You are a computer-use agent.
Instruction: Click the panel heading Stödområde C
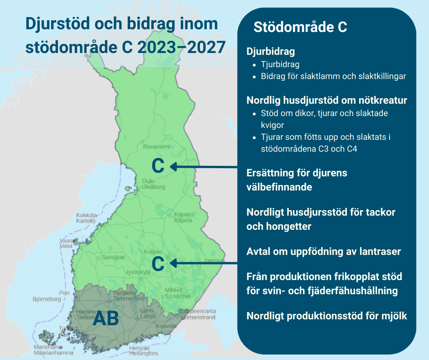(x=300, y=27)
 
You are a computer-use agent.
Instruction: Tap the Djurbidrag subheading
(x=271, y=52)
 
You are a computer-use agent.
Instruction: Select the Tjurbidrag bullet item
(x=281, y=64)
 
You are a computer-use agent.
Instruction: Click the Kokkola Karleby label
(x=86, y=218)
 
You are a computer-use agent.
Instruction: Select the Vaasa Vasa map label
(x=66, y=243)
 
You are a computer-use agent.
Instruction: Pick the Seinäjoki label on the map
(x=113, y=257)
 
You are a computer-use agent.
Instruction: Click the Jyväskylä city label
(x=138, y=272)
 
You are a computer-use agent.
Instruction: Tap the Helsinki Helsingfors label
(x=143, y=350)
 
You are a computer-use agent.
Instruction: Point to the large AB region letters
(x=106, y=318)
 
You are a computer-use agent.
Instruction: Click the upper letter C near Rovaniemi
(x=158, y=166)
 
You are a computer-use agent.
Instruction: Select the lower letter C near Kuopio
(x=158, y=264)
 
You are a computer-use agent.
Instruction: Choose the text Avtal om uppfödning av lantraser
(x=324, y=252)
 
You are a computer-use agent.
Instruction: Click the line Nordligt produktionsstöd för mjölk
(x=326, y=316)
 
